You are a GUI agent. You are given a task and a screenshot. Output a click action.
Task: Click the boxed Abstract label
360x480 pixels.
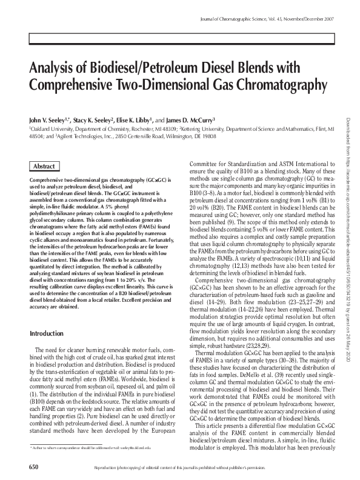(x=44, y=166)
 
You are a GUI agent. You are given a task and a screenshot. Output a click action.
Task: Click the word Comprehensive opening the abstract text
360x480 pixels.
(x=48, y=180)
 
